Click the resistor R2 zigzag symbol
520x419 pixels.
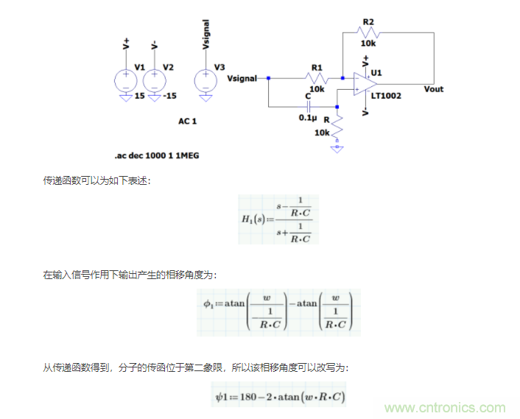(x=367, y=32)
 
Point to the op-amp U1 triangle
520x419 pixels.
(x=363, y=84)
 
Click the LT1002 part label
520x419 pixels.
(x=386, y=96)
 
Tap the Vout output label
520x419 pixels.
(x=434, y=89)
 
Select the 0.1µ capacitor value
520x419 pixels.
(x=307, y=117)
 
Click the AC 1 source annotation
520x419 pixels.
(x=188, y=120)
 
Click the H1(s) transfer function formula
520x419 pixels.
(x=278, y=219)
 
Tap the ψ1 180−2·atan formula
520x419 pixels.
(x=278, y=397)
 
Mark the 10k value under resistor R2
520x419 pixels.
(x=368, y=44)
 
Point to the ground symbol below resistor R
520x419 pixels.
(x=337, y=147)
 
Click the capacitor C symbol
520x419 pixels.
(x=309, y=107)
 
